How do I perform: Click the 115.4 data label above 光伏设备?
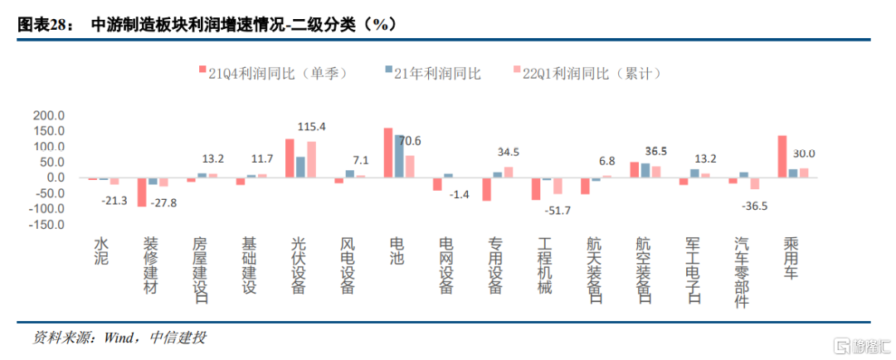pyautogui.click(x=311, y=127)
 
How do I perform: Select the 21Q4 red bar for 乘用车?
pyautogui.click(x=782, y=156)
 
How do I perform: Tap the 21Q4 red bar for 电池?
pyautogui.click(x=387, y=153)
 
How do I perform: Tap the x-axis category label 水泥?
pyautogui.click(x=101, y=252)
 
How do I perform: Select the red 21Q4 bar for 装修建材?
pyautogui.click(x=142, y=192)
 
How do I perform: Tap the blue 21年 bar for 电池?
pyautogui.click(x=399, y=156)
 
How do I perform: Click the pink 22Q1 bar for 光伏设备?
pyautogui.click(x=311, y=159)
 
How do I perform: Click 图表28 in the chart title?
pyautogui.click(x=41, y=25)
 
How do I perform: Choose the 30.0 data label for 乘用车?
pyautogui.click(x=803, y=153)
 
